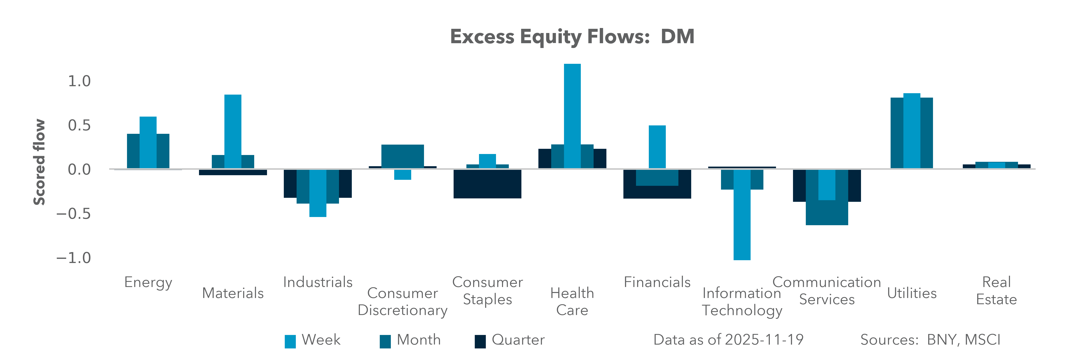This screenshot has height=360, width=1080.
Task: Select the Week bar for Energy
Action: point(148,142)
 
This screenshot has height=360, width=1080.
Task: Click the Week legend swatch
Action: point(290,341)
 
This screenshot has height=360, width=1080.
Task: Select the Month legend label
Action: point(418,339)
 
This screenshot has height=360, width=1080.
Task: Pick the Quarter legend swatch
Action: point(480,341)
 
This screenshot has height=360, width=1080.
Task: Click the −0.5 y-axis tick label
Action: point(73,214)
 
